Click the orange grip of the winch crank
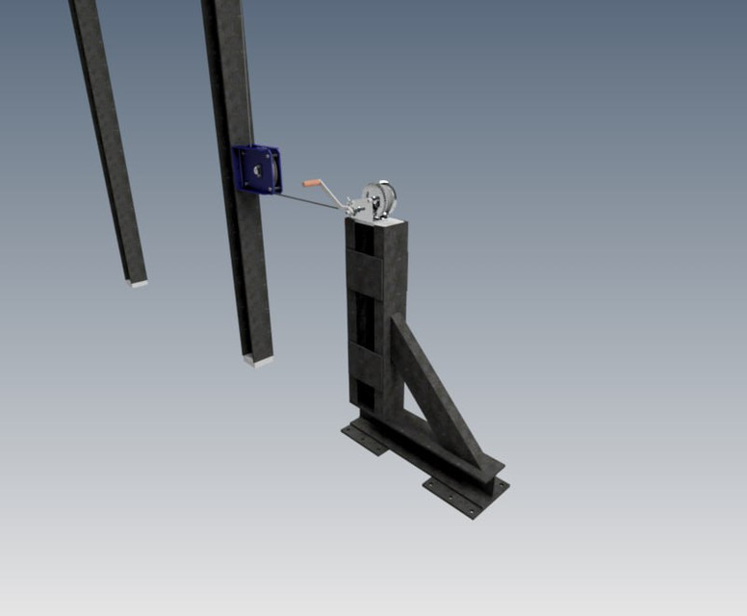[x=313, y=183]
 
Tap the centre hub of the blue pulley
[x=258, y=169]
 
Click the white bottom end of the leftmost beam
[x=138, y=283]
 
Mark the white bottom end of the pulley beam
[x=258, y=362]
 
